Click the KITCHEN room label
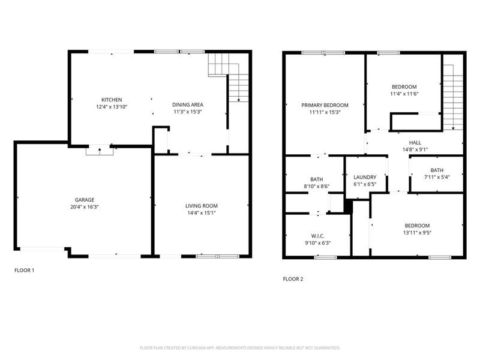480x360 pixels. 112,100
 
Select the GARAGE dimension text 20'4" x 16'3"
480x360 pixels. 84,207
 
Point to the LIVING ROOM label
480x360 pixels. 201,206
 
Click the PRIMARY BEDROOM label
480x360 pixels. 325,105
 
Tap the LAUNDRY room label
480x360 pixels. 365,177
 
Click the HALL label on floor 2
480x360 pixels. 415,142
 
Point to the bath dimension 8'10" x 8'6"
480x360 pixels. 317,187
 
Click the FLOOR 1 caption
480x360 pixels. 25,271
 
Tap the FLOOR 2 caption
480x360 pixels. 293,279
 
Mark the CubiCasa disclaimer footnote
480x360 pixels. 240,347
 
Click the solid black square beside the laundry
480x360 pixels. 346,205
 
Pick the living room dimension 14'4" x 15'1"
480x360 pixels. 201,212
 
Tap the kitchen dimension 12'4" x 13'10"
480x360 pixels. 112,106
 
